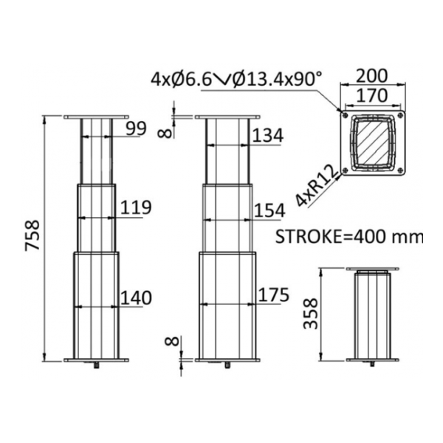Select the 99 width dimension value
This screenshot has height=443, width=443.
pos(136,128)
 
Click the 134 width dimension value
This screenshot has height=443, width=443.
pos(267,135)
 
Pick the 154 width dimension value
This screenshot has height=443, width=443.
pos(269,210)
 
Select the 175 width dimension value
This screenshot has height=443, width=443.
pos(274,295)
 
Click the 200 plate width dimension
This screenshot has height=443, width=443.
pos(372,76)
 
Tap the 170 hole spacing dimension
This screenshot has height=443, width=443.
pos(372,95)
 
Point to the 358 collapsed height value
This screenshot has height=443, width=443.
pos(311,314)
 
